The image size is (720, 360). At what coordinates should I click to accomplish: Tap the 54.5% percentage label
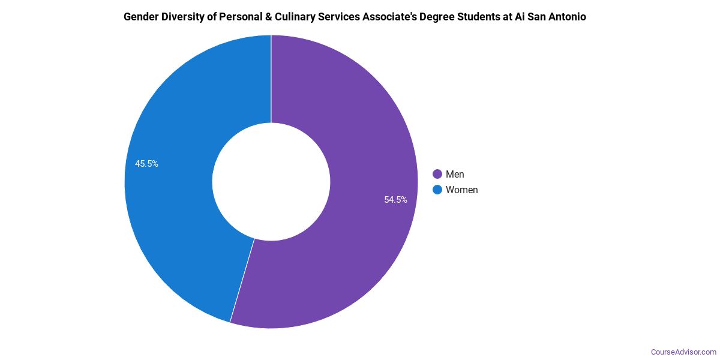pos(395,200)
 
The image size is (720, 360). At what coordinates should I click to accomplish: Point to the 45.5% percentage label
pos(146,164)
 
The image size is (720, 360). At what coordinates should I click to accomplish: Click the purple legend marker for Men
pos(437,174)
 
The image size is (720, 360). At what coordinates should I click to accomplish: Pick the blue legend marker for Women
pos(437,190)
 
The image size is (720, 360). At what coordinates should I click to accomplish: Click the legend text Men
pos(455,174)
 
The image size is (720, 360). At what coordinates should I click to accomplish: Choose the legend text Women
pos(461,190)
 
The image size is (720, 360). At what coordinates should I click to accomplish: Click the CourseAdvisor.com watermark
pos(683,352)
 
